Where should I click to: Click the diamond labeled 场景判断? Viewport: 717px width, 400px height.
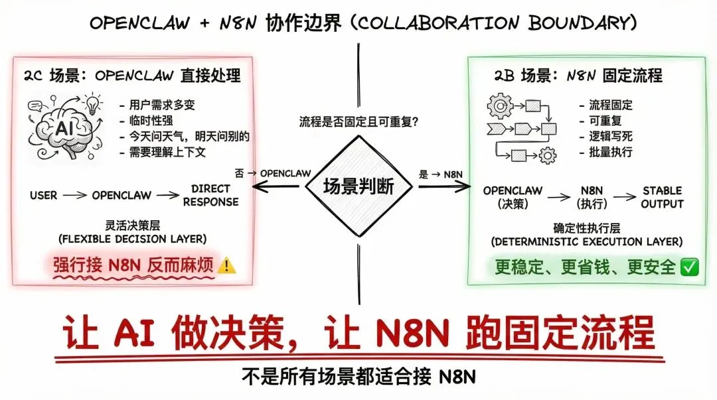click(x=358, y=187)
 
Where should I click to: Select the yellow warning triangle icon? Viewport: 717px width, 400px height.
click(x=227, y=266)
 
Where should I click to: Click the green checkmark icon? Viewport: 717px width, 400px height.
click(x=690, y=267)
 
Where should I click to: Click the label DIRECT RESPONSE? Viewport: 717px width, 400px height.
click(x=210, y=195)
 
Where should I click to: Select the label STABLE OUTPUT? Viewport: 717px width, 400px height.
click(x=662, y=197)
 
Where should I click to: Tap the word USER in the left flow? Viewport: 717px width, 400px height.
click(x=43, y=196)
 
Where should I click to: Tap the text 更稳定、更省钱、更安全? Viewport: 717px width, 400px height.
click(x=585, y=267)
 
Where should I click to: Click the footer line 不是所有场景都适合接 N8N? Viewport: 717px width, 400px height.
click(x=358, y=377)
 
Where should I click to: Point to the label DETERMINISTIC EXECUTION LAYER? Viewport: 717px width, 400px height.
click(x=586, y=241)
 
